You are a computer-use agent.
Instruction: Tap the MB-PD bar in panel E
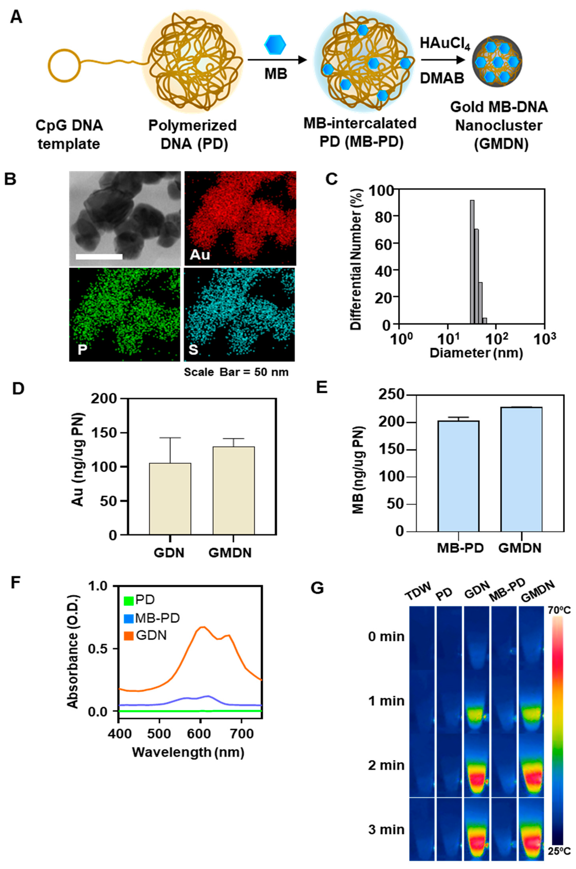click(x=458, y=476)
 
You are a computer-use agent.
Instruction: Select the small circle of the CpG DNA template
click(x=65, y=69)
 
